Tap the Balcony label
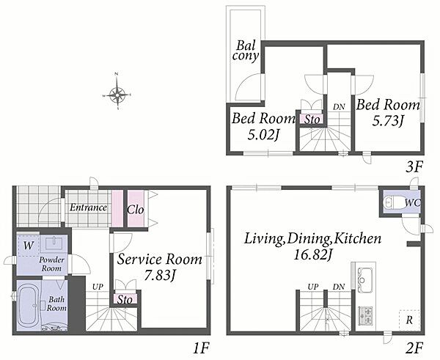245,51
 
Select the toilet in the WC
392,202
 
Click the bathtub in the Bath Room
28,305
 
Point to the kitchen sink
365,279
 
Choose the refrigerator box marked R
409,320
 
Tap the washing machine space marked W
28,246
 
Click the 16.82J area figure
312,255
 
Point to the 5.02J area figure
263,135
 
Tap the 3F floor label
414,167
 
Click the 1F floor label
201,348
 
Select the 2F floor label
414,348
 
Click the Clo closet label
136,210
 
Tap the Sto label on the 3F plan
312,120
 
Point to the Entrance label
88,207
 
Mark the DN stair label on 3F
339,106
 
